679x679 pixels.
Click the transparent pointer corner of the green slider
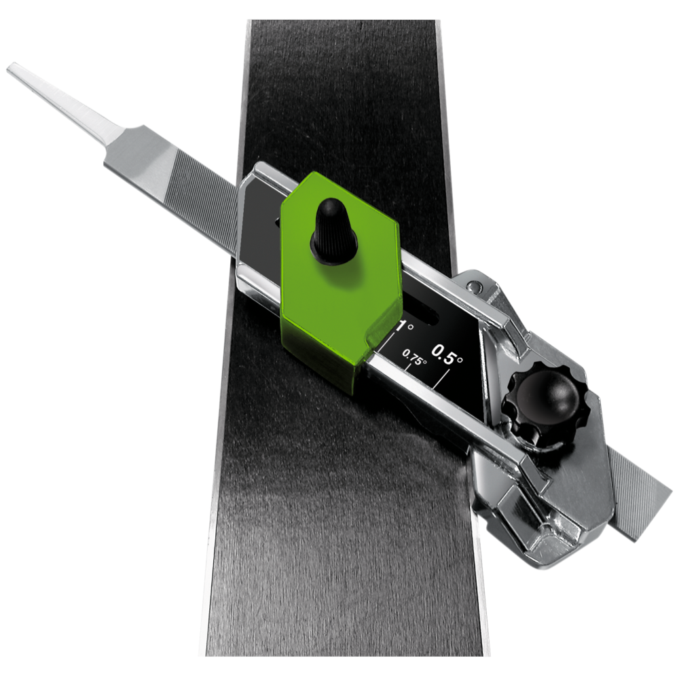click(x=380, y=336)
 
